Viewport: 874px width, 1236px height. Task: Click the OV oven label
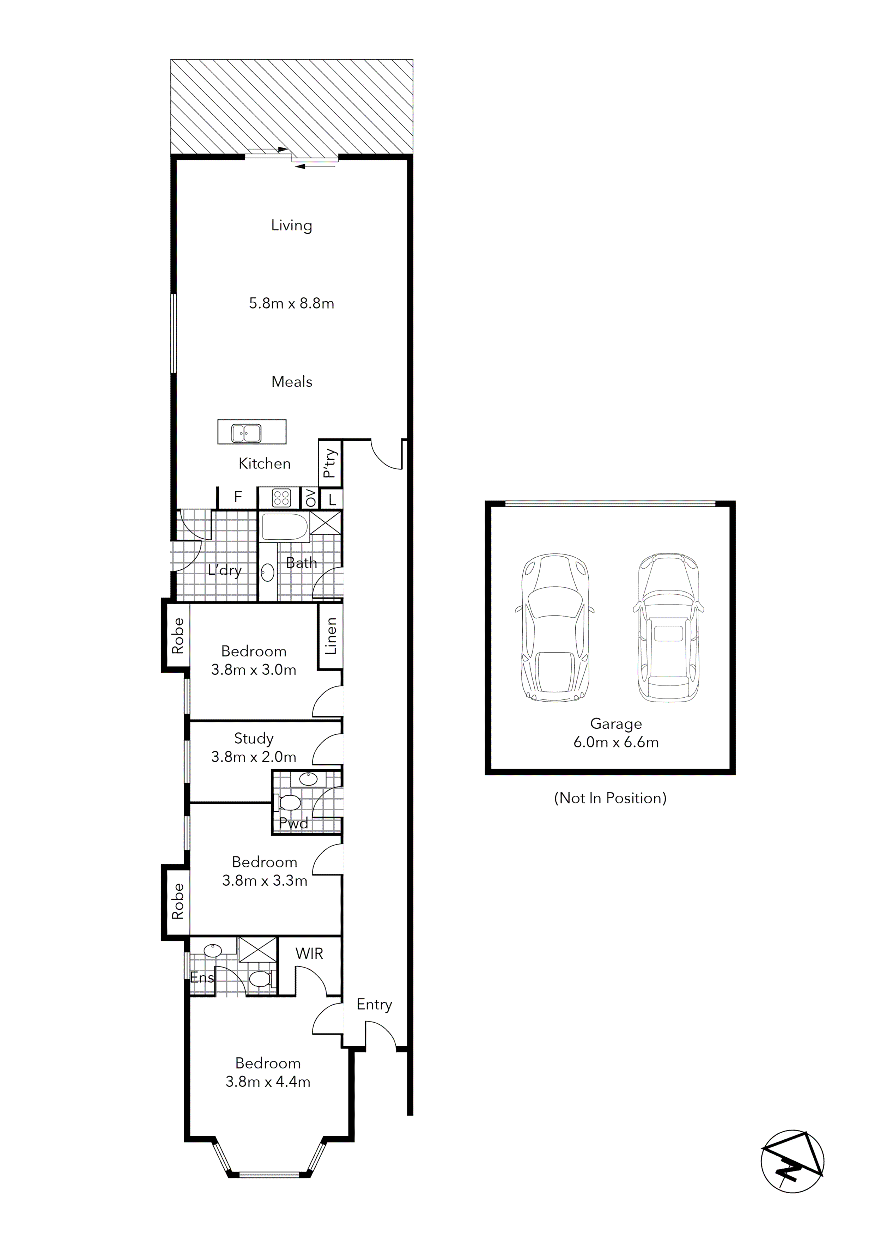(310, 498)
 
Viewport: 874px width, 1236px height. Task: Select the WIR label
(309, 953)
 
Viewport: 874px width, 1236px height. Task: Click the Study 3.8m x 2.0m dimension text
(254, 757)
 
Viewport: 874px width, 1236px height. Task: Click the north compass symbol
(792, 1161)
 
